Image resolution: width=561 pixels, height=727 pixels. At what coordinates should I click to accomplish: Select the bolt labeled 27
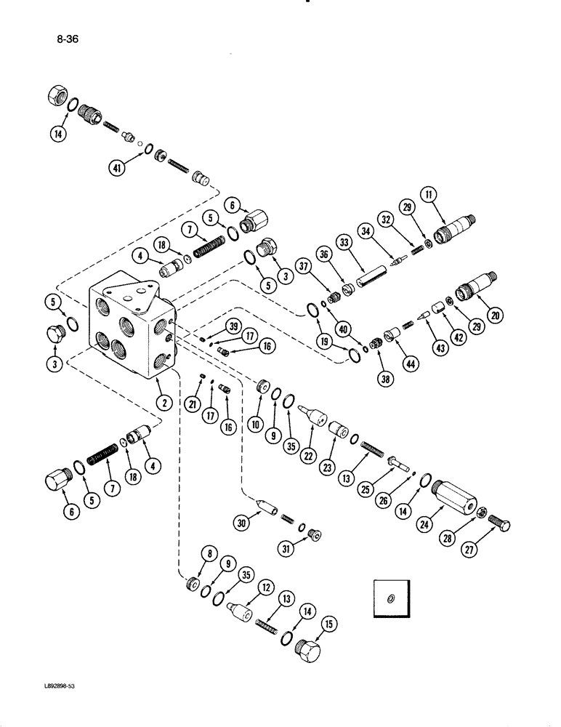click(502, 526)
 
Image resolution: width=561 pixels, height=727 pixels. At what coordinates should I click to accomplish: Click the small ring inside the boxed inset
click(391, 598)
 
